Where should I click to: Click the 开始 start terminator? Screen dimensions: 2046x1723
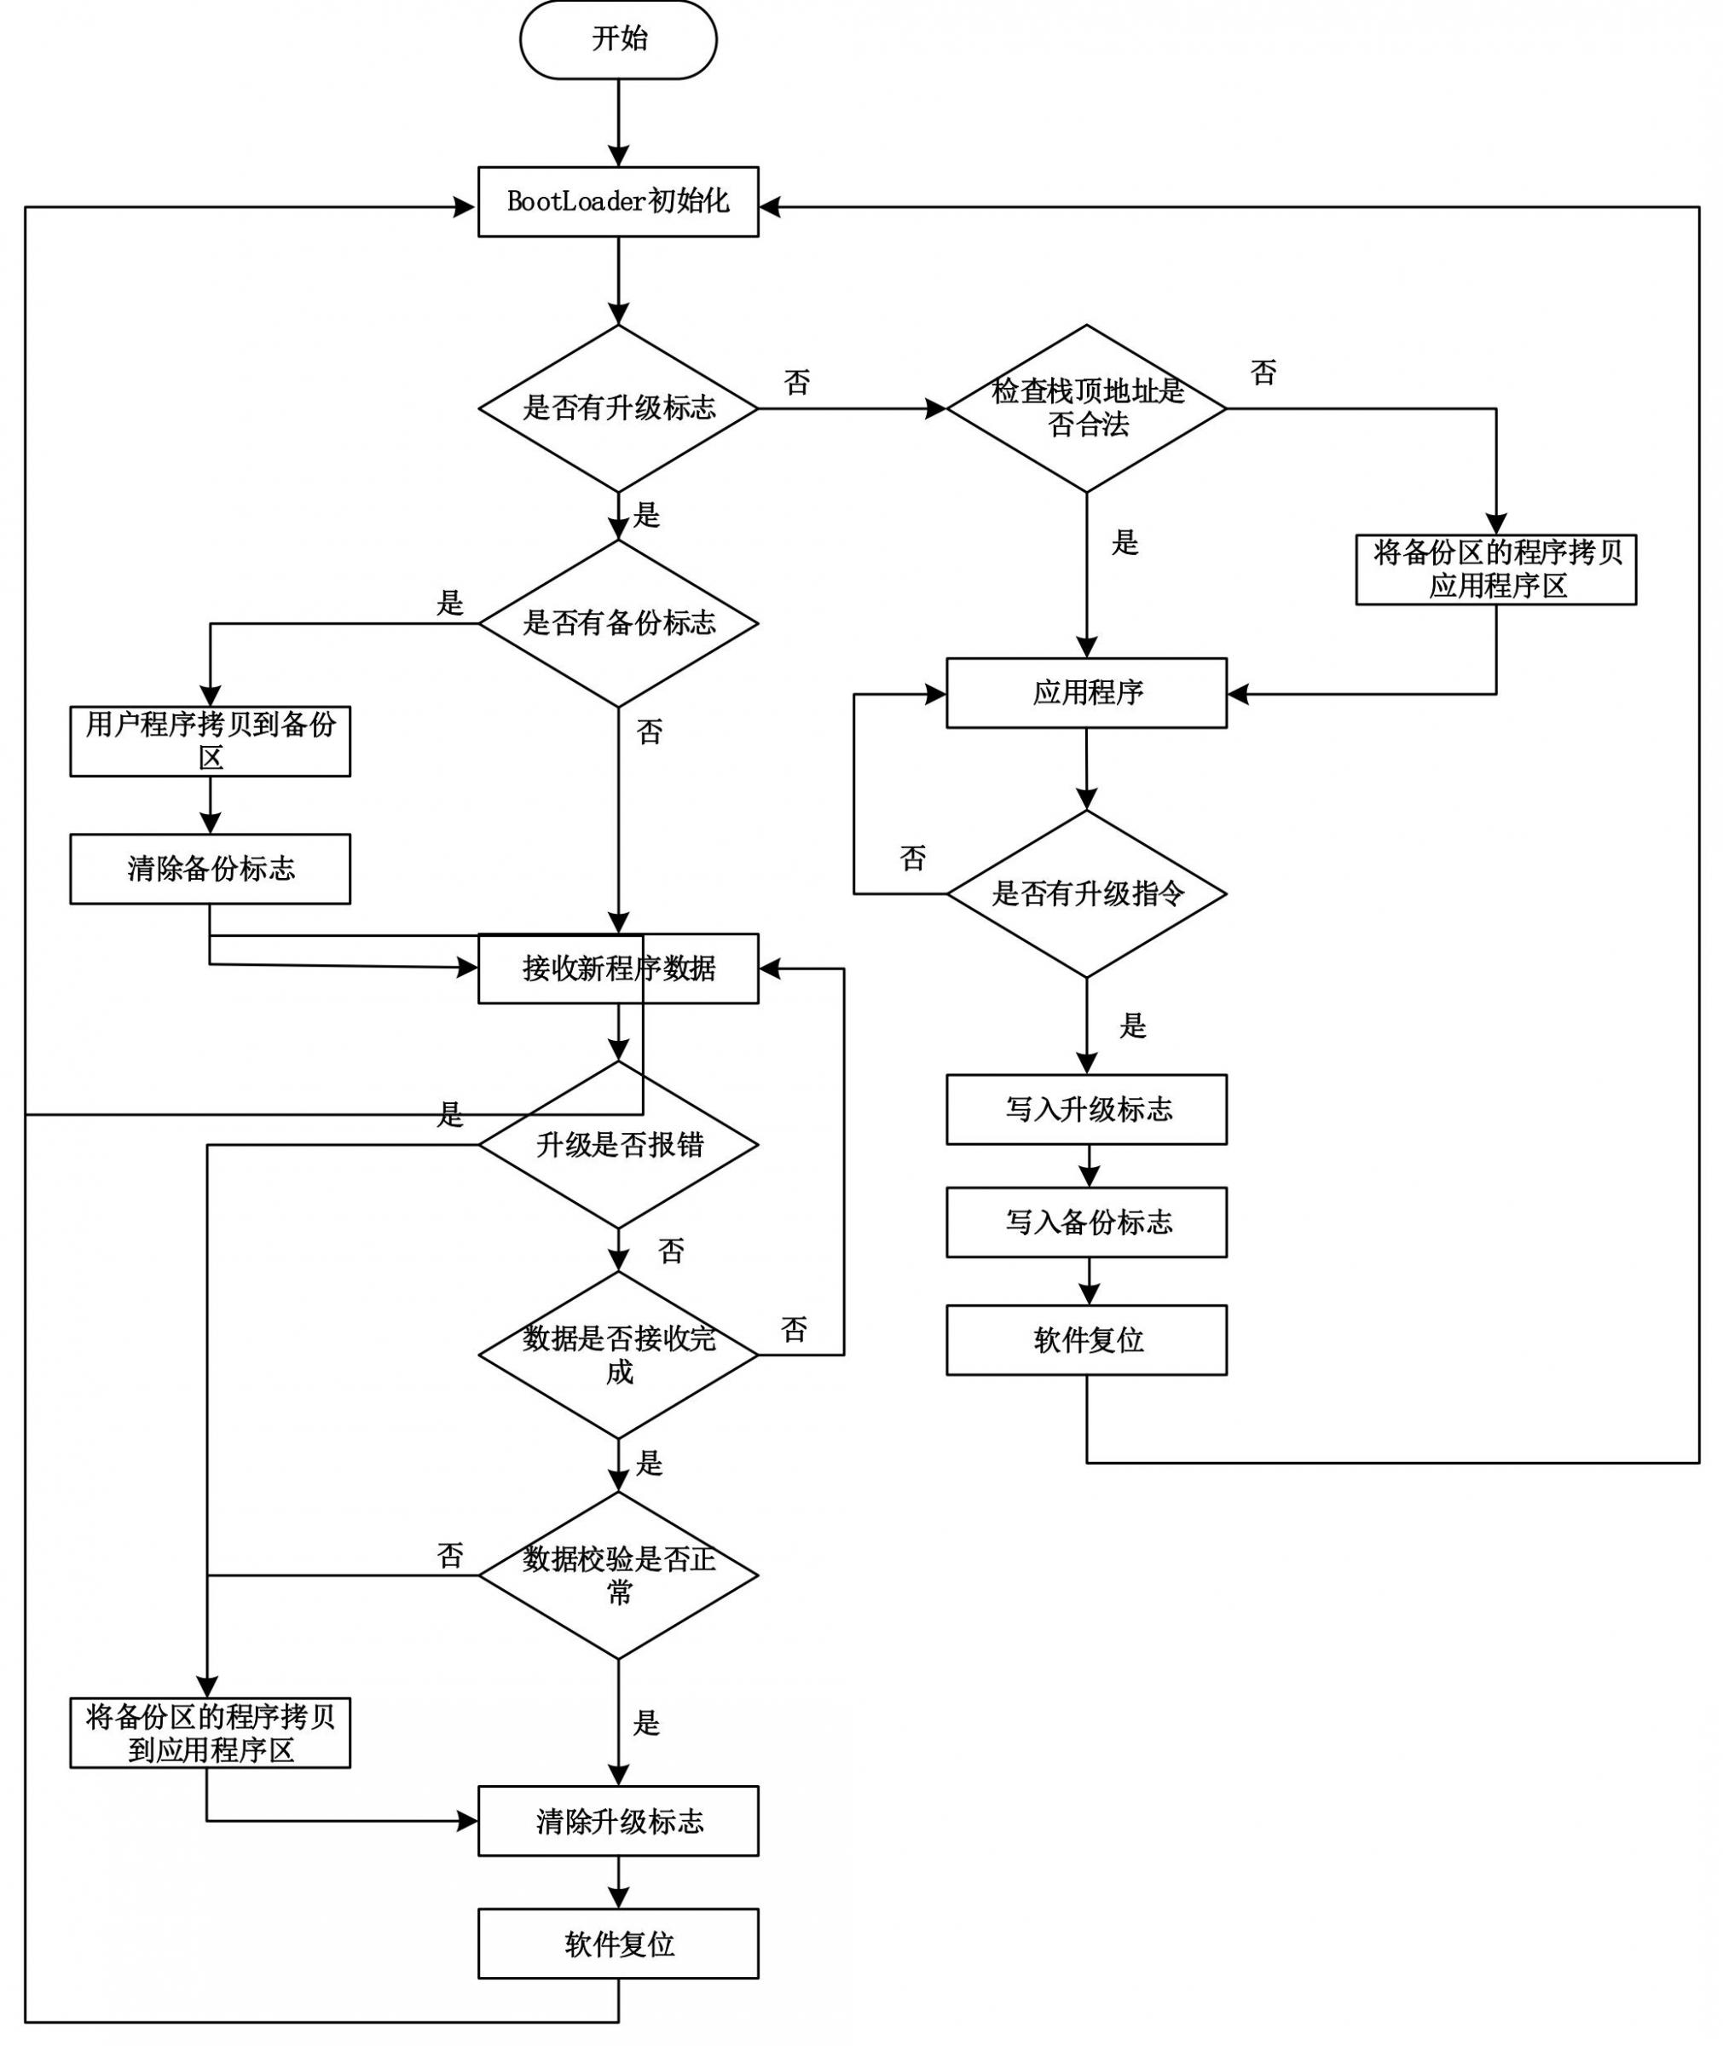pos(618,39)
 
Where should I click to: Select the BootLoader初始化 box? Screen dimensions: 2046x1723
pos(618,201)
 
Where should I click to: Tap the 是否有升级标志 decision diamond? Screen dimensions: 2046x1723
pos(618,408)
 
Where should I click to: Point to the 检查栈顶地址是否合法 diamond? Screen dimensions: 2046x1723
pos(1087,408)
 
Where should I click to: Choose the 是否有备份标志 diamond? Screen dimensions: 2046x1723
pos(618,623)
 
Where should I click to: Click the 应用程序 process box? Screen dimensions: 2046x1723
pos(1087,693)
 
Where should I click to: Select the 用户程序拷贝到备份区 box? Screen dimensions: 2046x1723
pos(210,741)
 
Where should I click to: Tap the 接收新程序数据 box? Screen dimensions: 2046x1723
pos(618,968)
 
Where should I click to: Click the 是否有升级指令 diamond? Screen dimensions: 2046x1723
pos(1087,893)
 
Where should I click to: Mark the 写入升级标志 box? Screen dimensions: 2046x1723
pos(1087,1109)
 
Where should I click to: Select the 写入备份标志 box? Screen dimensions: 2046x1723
pos(1087,1222)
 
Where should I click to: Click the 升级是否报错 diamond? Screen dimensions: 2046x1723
pos(618,1145)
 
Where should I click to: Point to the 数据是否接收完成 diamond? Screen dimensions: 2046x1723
pos(618,1355)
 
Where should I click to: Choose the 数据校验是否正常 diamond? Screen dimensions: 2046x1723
pos(618,1575)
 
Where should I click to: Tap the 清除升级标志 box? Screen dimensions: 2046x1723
pos(618,1822)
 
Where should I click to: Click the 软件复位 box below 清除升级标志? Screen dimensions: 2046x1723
pos(618,1945)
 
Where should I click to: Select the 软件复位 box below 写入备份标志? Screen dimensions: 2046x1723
pos(1087,1340)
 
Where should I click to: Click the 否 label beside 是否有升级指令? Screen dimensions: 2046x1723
pos(913,858)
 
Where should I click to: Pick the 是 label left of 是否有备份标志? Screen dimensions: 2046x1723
pos(449,603)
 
